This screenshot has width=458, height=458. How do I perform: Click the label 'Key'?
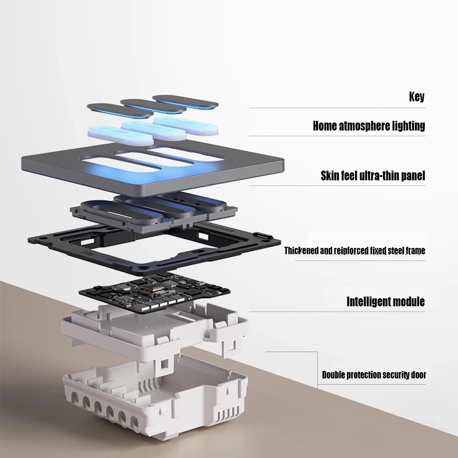(417, 96)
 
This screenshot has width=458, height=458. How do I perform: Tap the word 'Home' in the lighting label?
(324, 126)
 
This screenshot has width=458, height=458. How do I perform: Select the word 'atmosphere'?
(363, 126)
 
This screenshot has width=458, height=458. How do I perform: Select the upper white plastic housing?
(114, 338)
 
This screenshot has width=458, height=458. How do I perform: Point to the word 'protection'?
(362, 376)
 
